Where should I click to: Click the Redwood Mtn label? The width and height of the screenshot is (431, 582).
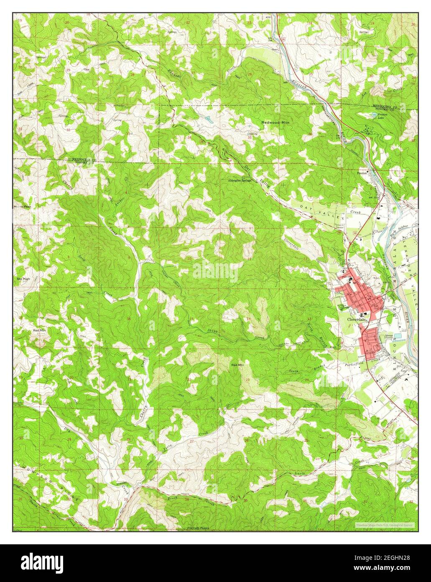pos(275,122)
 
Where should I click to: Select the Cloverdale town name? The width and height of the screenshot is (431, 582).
pos(357,319)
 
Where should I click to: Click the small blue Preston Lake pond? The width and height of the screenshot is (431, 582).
pos(375,114)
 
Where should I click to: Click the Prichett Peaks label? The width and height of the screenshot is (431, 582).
pos(199,528)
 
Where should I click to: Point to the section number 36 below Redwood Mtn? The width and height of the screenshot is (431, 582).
pos(310,134)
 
